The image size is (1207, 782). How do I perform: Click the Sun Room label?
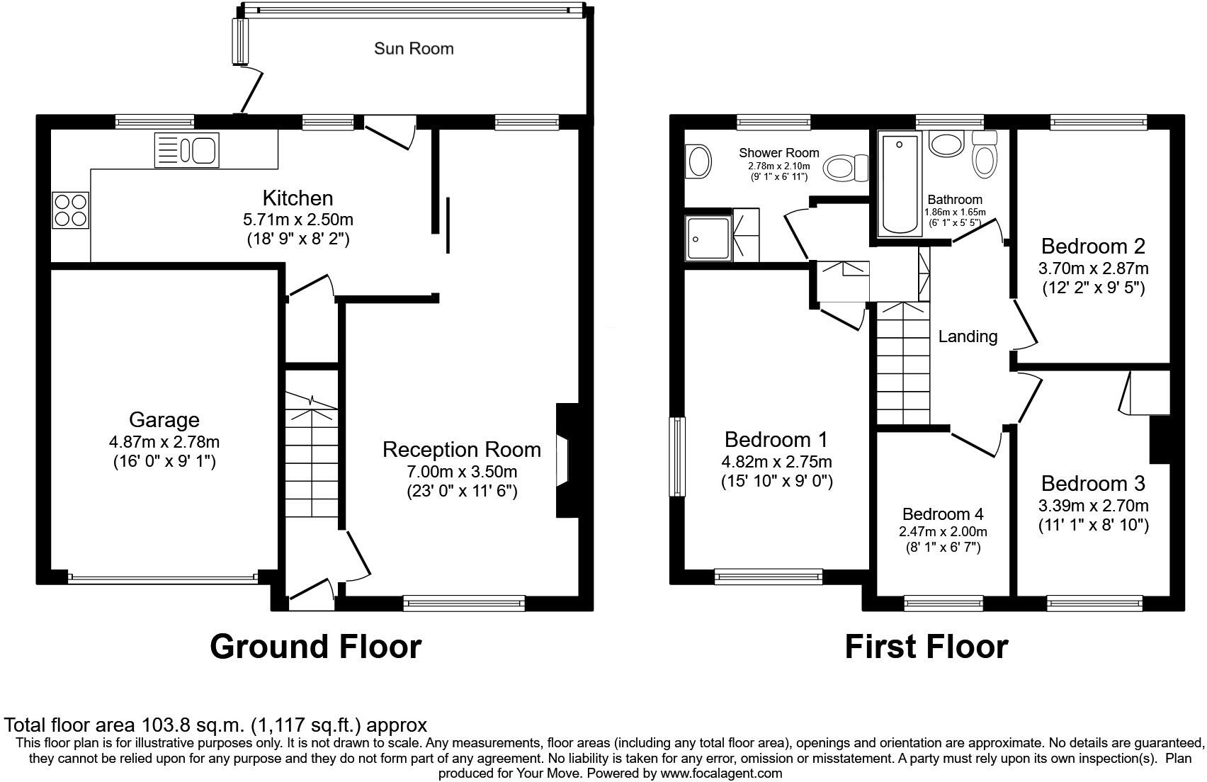[x=414, y=49]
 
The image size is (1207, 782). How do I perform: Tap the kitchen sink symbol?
[x=187, y=150]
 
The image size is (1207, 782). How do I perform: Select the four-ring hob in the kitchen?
[x=71, y=210]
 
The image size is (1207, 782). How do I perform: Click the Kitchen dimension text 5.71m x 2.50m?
[x=297, y=220]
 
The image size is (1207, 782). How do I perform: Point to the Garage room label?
[x=164, y=420]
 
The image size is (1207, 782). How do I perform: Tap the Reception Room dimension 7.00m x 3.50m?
[x=462, y=472]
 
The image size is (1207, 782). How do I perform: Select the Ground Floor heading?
[x=316, y=646]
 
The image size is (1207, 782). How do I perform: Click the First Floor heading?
[x=926, y=646]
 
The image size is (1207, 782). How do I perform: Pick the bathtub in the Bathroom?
[x=899, y=184]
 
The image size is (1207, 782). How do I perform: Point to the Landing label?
[x=968, y=336]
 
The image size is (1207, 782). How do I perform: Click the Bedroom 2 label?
[x=1093, y=246]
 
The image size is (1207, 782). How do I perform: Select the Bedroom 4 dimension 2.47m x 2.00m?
[x=943, y=531]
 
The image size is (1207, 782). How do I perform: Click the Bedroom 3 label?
[x=1093, y=484]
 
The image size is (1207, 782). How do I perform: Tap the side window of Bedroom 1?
[x=678, y=456]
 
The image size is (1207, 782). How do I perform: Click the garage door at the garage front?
[x=164, y=579]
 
